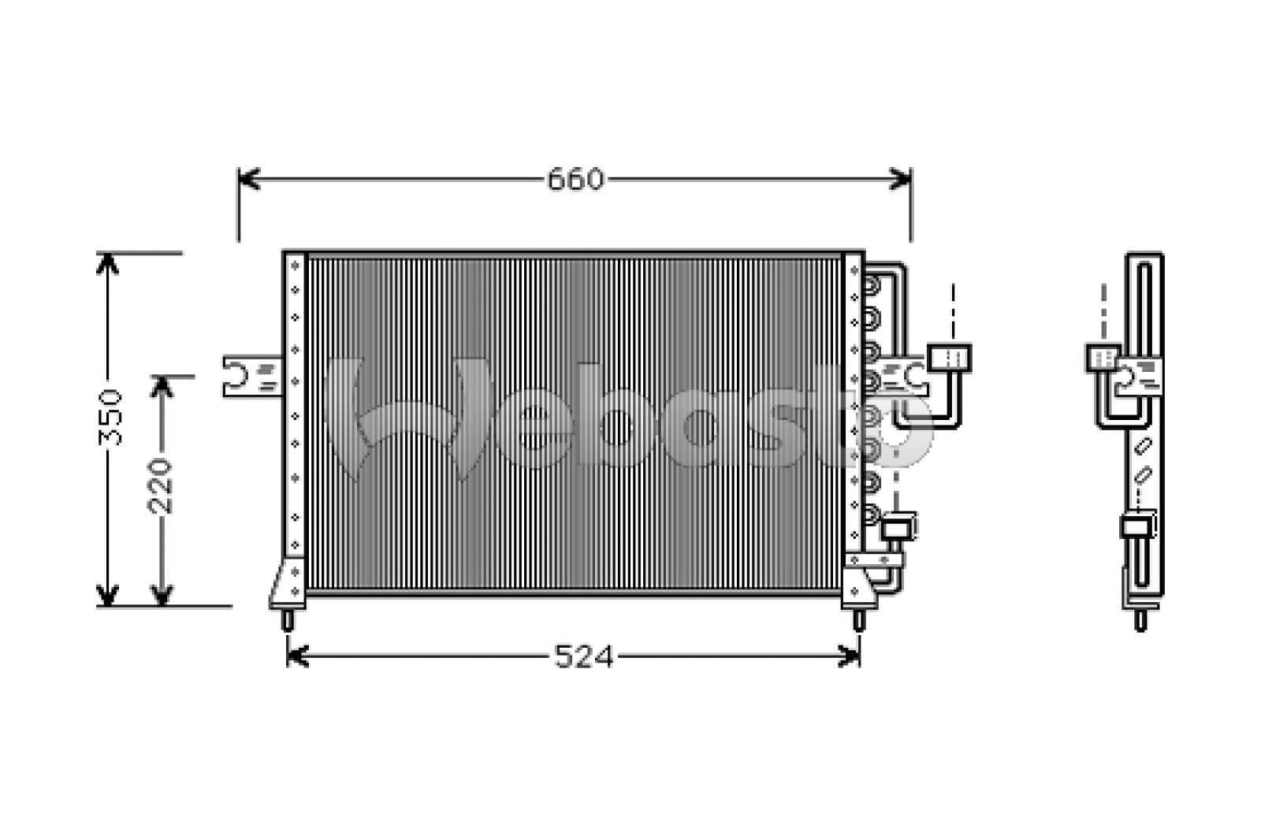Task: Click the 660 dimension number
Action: pos(575,180)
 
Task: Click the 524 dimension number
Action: pos(583,656)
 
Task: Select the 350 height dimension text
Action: pos(112,417)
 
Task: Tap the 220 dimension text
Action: pos(161,485)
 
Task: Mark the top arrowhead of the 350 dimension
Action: pos(107,262)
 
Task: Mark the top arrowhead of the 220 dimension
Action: pos(162,385)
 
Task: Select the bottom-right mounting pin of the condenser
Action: pos(858,620)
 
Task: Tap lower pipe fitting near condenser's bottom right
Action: pos(898,526)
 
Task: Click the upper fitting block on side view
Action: pos(1102,358)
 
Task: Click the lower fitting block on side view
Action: pos(1138,526)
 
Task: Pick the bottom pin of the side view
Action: pos(1140,620)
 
